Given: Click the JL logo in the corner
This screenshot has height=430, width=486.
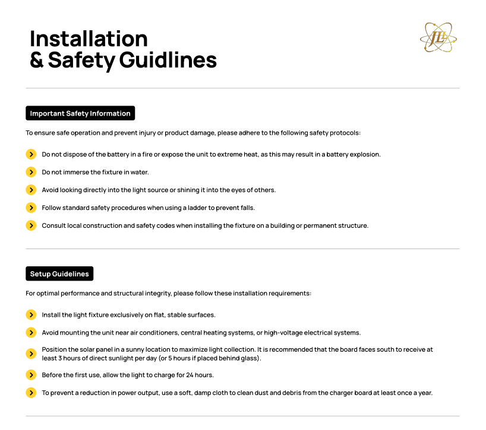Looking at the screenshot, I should [x=438, y=38].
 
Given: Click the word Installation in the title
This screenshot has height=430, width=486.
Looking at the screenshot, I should [x=89, y=39].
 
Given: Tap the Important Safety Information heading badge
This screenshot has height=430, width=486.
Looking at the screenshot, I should [x=80, y=113].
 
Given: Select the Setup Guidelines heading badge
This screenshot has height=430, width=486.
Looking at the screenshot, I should [x=59, y=274].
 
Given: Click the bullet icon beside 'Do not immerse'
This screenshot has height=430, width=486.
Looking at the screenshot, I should [x=31, y=172].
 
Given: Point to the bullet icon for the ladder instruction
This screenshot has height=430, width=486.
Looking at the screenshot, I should [x=31, y=208].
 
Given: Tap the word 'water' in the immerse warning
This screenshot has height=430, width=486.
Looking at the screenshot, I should [x=139, y=172].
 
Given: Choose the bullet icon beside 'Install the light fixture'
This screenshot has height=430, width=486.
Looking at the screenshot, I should [x=31, y=314].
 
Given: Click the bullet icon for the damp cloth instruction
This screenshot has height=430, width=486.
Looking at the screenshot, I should [x=31, y=393].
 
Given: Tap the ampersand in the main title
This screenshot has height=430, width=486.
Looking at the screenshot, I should [x=37, y=60].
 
